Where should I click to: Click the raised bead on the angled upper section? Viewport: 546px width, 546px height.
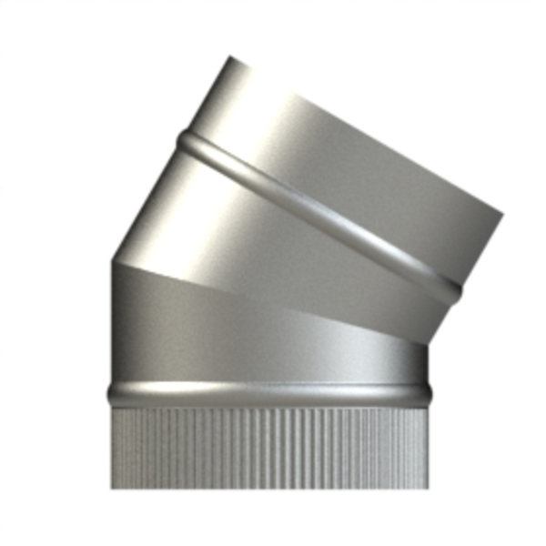coord(318,214)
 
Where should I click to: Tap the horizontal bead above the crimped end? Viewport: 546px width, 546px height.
coord(268,394)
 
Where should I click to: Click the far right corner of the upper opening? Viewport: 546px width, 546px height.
coord(502,216)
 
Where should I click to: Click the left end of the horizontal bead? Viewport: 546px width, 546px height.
coord(109,394)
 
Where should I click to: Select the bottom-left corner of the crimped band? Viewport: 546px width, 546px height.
coord(113,489)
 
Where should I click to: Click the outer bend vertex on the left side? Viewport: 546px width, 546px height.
coord(112,261)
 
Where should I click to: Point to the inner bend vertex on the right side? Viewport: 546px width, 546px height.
coord(427,343)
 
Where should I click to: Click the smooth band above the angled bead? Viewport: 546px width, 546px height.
coord(346,155)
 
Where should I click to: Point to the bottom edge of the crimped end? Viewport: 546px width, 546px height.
coord(268,488)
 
